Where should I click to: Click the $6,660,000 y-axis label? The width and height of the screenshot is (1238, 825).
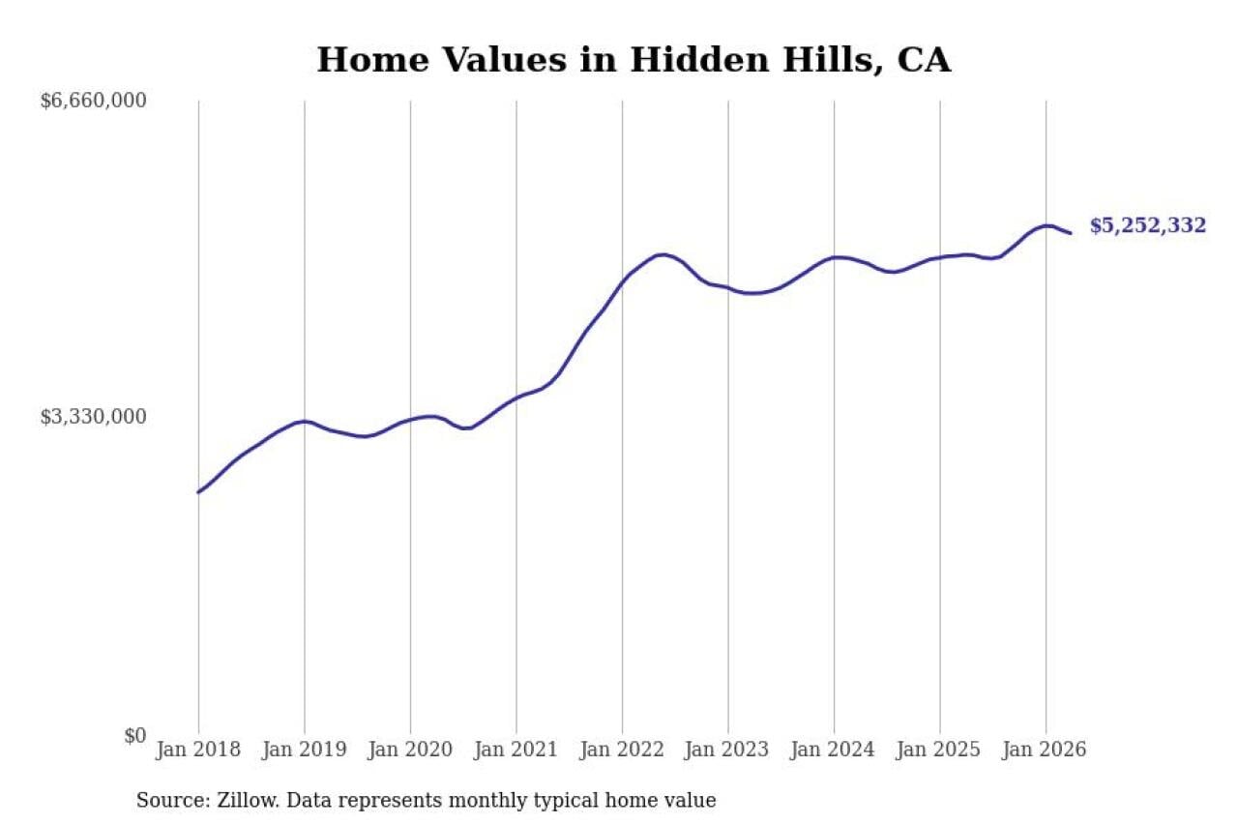tap(94, 102)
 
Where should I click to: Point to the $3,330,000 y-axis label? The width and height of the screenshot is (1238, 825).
tap(94, 417)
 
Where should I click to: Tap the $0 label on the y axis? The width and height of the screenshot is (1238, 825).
tap(135, 736)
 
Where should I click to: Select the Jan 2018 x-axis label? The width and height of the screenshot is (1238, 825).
tap(198, 750)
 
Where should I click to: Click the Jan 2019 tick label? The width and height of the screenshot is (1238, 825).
tap(305, 750)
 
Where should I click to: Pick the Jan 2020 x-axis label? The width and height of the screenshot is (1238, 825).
tap(410, 750)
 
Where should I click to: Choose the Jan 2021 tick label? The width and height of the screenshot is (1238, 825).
tap(516, 750)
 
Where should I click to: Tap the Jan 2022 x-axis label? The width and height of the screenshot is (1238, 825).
tap(622, 750)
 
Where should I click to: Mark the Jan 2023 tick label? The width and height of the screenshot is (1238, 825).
tap(727, 750)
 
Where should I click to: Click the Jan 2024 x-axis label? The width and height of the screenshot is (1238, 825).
tap(834, 750)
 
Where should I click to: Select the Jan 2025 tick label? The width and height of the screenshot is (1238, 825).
tap(939, 750)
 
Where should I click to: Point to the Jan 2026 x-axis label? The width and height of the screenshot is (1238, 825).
tap(1046, 750)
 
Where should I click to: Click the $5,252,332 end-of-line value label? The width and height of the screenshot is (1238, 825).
tap(1148, 226)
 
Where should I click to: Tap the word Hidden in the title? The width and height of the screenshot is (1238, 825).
tap(699, 59)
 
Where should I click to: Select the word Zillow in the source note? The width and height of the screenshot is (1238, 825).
tap(249, 801)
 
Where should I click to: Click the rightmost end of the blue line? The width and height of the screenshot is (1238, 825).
tap(1071, 233)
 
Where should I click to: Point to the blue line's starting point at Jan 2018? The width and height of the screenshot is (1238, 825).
tap(198, 491)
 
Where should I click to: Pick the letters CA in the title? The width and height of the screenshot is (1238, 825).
tap(924, 59)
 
